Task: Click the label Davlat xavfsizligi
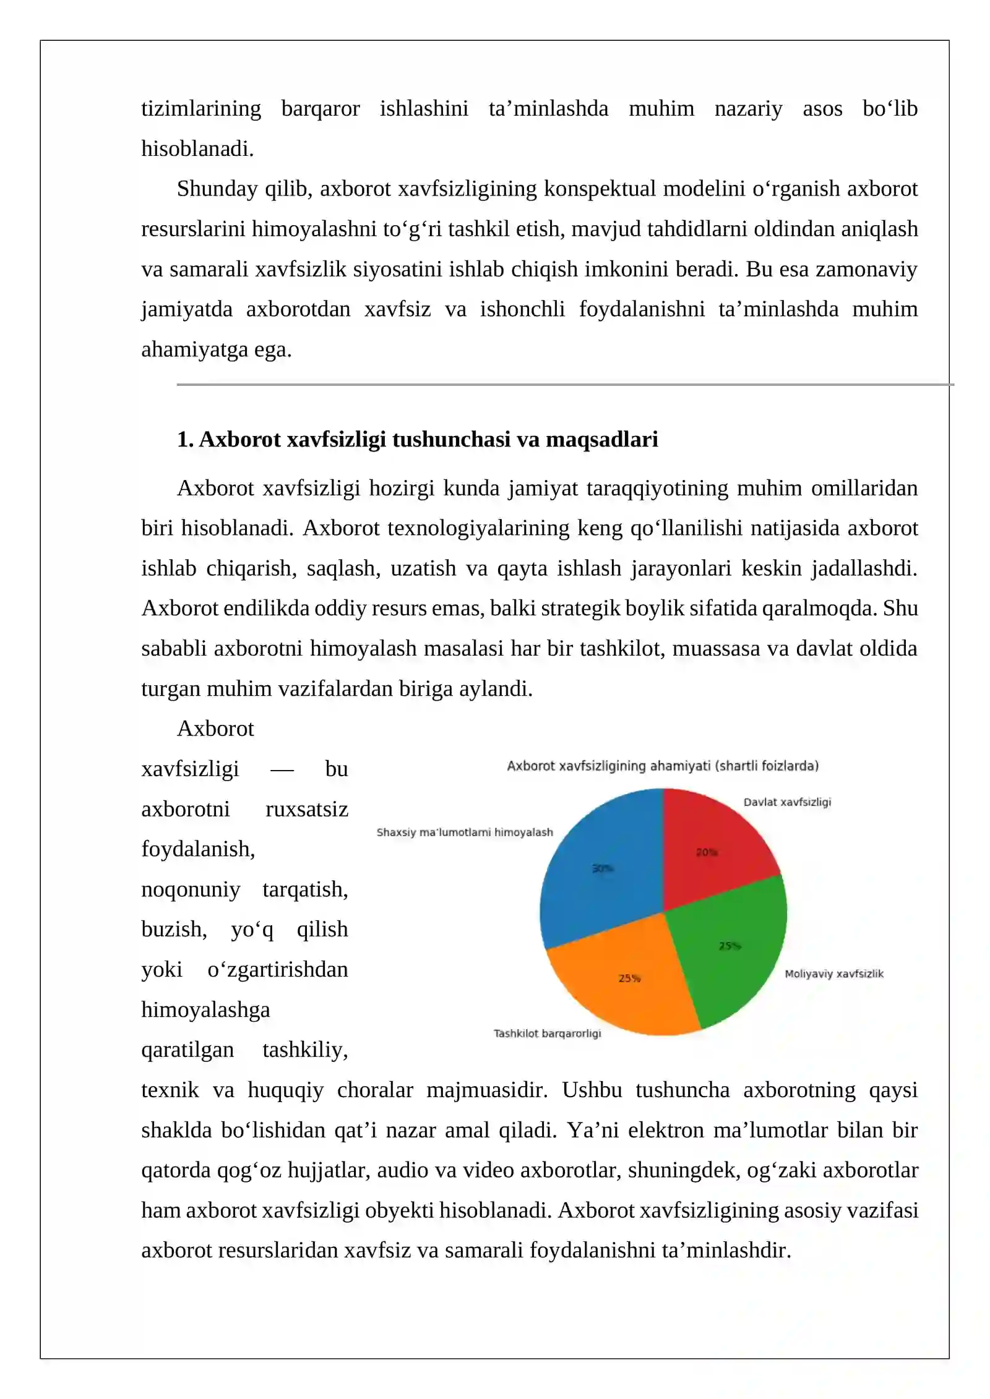coord(787,802)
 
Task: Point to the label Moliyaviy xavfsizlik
coord(833,973)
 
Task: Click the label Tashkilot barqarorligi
coord(547,1033)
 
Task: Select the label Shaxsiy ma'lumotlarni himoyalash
coord(465,832)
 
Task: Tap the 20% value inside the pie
coord(707,852)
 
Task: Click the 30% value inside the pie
coord(603,868)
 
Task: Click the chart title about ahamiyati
coord(663,766)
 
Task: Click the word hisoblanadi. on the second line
coord(197,148)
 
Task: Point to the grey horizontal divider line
coord(557,385)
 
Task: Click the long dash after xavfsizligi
coord(282,770)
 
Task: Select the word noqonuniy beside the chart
coord(191,889)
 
